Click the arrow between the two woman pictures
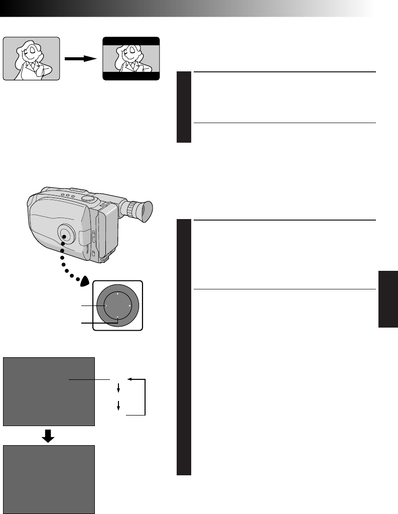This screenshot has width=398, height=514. [81, 58]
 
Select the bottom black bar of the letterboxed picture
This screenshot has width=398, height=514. [131, 76]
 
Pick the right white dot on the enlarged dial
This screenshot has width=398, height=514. [129, 305]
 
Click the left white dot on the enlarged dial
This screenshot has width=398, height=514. [105, 305]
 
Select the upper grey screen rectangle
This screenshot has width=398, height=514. [49, 391]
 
